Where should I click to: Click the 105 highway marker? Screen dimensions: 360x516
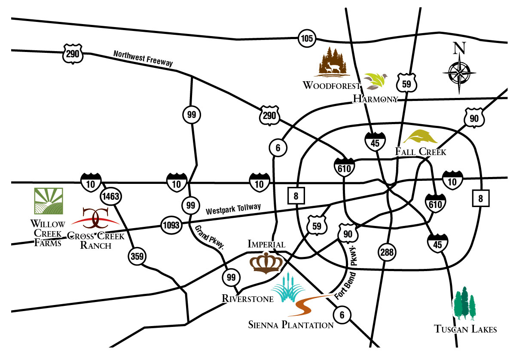coord(307,39)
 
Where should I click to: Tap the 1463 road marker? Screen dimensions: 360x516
coord(111,197)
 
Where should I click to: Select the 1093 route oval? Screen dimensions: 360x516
coord(171,224)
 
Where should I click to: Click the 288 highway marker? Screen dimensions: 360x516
coord(388,252)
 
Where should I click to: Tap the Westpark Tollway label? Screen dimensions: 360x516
coord(233,209)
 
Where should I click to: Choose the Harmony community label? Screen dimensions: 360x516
coord(375,99)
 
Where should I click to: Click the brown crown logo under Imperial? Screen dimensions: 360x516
coord(266,263)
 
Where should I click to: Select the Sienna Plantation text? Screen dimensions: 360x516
coord(291,325)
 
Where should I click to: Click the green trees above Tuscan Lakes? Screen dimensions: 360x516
coord(465,303)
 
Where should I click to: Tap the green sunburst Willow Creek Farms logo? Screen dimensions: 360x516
coord(49,201)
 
